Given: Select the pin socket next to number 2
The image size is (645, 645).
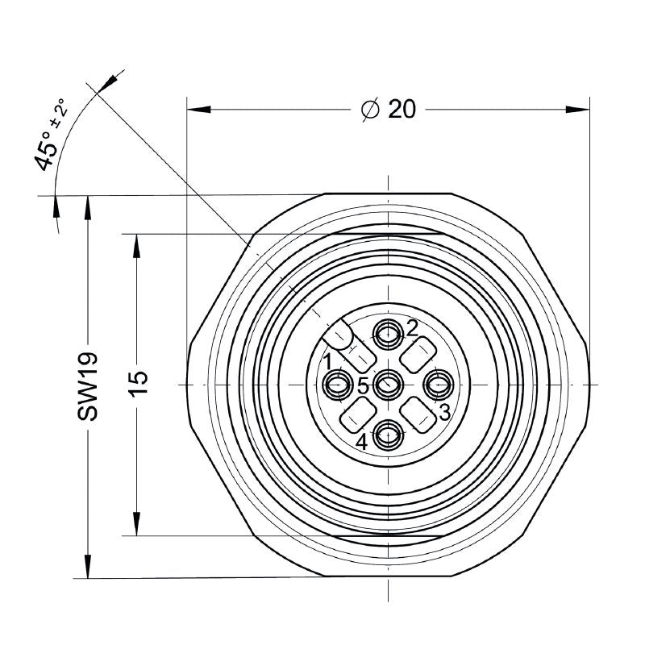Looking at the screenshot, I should (x=388, y=331).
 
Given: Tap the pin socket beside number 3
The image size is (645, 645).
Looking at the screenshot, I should (x=439, y=385).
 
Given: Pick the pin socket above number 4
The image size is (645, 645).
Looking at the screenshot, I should (x=389, y=435).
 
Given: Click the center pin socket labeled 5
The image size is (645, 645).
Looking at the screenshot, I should (x=389, y=384).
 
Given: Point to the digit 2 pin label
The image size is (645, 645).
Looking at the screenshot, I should (x=412, y=327).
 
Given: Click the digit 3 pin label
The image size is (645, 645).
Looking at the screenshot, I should (x=444, y=413).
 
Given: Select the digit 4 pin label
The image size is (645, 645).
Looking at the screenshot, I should (x=362, y=442).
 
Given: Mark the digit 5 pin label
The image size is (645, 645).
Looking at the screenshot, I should (x=364, y=386).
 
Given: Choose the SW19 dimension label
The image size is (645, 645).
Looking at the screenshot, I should (x=88, y=385).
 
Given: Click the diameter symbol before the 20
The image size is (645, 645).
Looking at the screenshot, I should (x=369, y=110).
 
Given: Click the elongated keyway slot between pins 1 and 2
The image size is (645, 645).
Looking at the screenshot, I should (x=342, y=335).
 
